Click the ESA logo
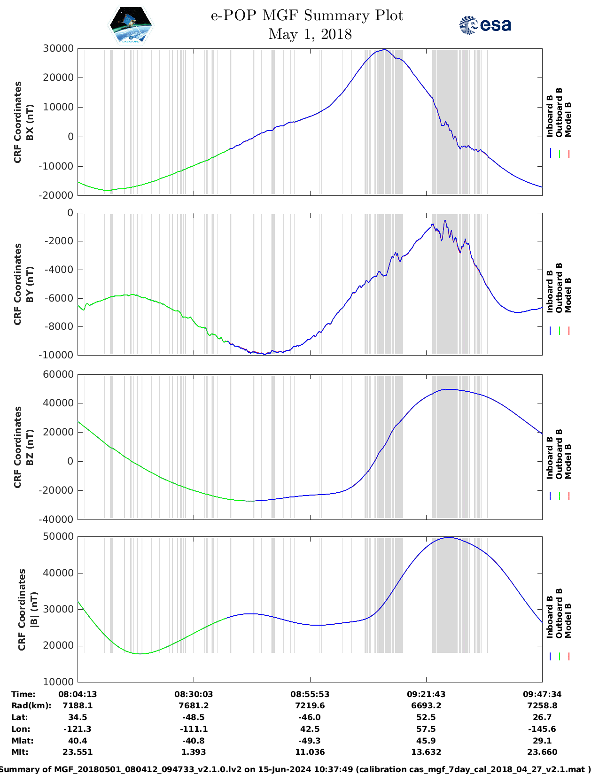coord(485,25)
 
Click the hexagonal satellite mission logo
coord(131,25)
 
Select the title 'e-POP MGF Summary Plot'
coord(307,15)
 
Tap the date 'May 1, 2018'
coord(310,34)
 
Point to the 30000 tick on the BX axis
coord(58,48)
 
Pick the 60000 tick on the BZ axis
coord(58,374)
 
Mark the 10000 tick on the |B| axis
coord(58,682)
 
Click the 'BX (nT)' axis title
coord(30,122)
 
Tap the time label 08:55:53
coord(310,694)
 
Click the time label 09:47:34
coord(542,694)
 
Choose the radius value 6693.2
coord(426,705)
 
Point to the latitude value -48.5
coord(194,717)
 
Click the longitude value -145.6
coord(542,729)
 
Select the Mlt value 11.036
coord(310,752)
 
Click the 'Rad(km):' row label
coord(31,705)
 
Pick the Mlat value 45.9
coord(426,741)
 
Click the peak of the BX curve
coord(385,50)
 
